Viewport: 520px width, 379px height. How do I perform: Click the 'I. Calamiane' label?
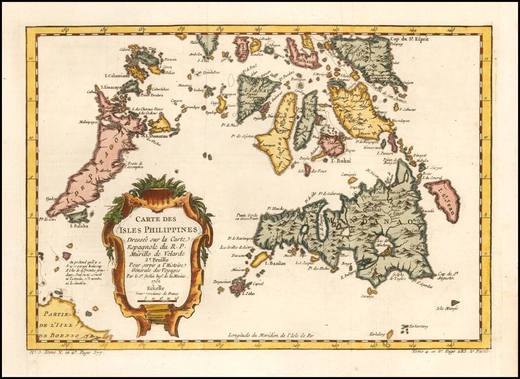click(115, 76)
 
